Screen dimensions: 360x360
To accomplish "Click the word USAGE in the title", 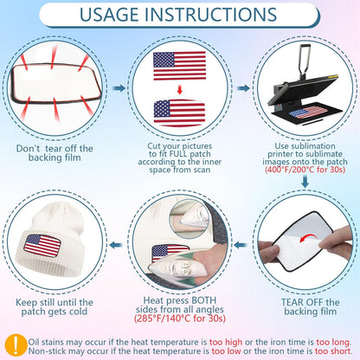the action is click(109, 15).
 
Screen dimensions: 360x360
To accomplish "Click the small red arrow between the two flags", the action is click(180, 89).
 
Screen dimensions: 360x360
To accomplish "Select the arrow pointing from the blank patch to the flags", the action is click(119, 88).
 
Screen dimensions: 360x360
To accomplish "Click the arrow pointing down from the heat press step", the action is click(305, 181).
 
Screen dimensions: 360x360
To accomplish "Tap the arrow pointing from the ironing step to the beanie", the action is click(116, 245).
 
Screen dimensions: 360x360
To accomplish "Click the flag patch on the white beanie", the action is click(42, 246).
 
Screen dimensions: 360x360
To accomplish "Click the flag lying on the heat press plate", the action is click(308, 112).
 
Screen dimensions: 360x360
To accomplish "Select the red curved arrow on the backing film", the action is click(308, 238).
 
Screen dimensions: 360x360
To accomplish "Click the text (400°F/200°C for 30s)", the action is click(305, 170).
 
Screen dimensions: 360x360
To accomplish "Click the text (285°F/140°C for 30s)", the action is click(180, 318).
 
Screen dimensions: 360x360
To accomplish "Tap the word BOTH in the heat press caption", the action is click(203, 300).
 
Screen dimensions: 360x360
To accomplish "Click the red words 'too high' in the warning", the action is click(226, 343).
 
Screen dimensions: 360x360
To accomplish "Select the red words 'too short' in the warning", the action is click(333, 351).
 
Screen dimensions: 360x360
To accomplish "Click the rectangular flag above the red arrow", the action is click(179, 66).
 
